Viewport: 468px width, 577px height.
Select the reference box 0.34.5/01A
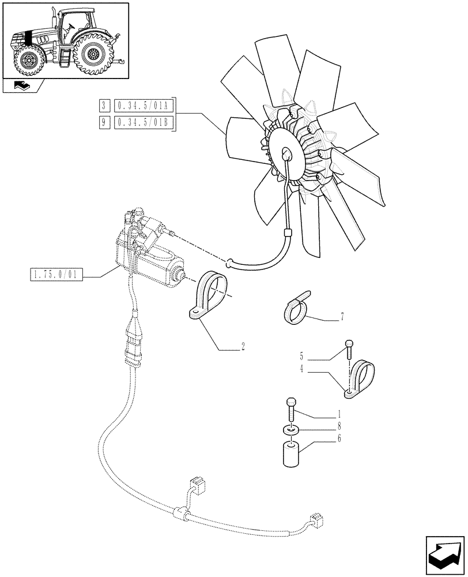(141, 106)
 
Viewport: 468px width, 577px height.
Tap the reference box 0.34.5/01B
(141, 122)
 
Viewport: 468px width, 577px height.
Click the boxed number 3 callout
(104, 106)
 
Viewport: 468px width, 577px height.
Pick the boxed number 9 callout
(104, 122)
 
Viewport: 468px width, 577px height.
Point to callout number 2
(243, 347)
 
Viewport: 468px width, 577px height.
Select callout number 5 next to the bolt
(301, 355)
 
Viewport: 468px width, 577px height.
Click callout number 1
(339, 414)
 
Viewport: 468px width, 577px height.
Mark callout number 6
(339, 439)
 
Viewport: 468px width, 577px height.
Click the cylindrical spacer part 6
(291, 454)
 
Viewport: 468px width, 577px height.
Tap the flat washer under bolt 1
(292, 430)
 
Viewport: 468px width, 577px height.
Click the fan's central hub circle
(286, 153)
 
